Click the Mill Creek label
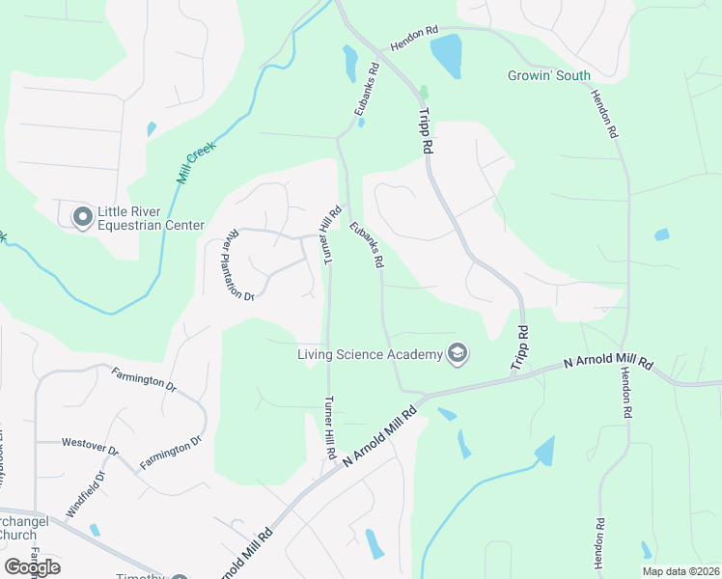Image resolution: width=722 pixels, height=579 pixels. click(195, 160)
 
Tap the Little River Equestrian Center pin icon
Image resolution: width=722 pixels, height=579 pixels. click(83, 218)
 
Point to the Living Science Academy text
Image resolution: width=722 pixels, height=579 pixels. click(369, 354)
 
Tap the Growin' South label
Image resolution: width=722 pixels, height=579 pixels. click(549, 75)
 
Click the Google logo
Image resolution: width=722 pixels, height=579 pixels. click(32, 567)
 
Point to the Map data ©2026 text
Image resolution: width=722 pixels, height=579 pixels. click(680, 570)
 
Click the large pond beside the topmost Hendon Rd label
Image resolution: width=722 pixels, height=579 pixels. click(446, 56)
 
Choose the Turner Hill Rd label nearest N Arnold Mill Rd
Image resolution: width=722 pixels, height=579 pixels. click(330, 427)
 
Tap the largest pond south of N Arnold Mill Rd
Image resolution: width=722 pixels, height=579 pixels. click(544, 451)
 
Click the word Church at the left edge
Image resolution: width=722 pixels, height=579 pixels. click(17, 535)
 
